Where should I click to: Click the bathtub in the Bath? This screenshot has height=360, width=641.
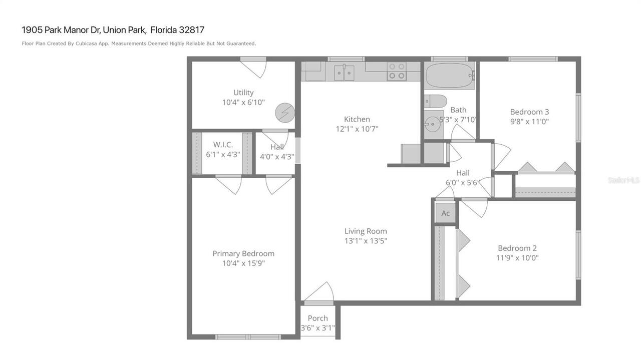click(x=449, y=76)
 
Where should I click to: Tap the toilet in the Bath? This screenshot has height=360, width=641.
click(x=435, y=102)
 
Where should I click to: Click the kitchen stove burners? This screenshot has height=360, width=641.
click(x=397, y=71)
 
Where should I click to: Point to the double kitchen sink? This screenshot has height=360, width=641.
click(x=345, y=73)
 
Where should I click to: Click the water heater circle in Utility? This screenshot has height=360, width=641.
click(x=285, y=113)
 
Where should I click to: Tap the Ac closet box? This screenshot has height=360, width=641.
click(x=445, y=213)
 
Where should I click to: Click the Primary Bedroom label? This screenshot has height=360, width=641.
click(x=243, y=253)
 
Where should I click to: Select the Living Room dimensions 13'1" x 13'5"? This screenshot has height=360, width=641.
click(x=366, y=241)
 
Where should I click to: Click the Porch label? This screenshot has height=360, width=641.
click(x=317, y=318)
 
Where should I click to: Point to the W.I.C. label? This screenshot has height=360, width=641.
click(x=223, y=145)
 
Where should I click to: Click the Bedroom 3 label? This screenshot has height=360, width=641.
click(x=529, y=112)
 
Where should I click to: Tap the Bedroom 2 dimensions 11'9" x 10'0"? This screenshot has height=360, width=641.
click(x=517, y=258)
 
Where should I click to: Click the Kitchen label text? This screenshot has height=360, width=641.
click(x=357, y=119)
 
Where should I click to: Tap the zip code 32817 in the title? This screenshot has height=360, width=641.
click(x=191, y=30)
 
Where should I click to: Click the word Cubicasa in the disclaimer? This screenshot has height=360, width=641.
click(x=86, y=44)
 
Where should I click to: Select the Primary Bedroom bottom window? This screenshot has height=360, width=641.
click(x=248, y=337)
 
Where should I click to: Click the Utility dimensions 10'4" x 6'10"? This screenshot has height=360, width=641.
click(x=243, y=103)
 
